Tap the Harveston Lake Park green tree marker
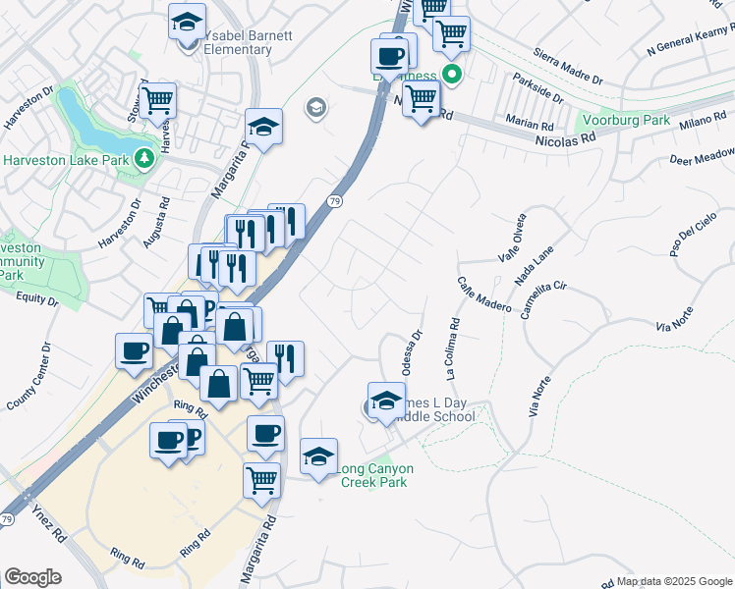click(x=144, y=157)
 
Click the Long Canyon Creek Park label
click(x=375, y=475)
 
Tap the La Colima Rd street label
click(x=452, y=348)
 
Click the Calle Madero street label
click(x=483, y=294)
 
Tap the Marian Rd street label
click(x=532, y=124)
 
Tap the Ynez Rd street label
click(x=46, y=524)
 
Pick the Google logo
click(x=32, y=576)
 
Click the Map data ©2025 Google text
click(x=674, y=581)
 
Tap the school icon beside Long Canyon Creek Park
click(x=319, y=456)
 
